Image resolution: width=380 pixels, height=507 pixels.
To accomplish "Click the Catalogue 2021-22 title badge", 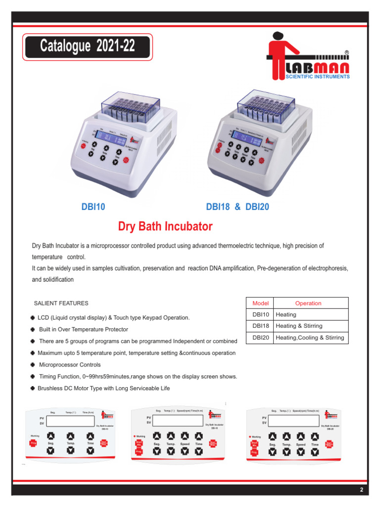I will click(x=88, y=47).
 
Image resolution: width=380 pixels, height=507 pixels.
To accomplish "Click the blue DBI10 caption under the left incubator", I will click(x=93, y=207).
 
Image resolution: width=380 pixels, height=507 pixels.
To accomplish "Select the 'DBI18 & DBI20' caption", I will click(x=237, y=207).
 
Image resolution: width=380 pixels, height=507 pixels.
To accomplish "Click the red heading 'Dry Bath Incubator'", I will click(x=165, y=227).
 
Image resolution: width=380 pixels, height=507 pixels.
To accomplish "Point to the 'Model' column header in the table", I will click(x=260, y=303).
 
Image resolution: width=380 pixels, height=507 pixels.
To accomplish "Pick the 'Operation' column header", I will click(x=308, y=303).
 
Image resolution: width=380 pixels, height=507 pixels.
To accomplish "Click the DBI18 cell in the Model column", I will click(x=260, y=326).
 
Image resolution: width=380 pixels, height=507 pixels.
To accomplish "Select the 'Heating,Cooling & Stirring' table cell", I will click(x=309, y=338).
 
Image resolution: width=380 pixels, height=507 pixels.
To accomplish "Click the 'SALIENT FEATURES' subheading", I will click(x=61, y=303).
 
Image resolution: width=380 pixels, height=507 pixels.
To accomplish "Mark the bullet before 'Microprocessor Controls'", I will click(x=33, y=364).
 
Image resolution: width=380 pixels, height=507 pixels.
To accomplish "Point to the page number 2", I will click(x=362, y=490).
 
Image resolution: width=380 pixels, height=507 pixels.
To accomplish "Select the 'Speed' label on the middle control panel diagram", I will click(x=185, y=445).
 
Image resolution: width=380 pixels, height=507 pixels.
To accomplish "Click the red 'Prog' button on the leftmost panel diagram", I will click(x=34, y=443).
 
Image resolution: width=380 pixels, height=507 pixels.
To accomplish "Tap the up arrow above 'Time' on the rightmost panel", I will click(x=315, y=436).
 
